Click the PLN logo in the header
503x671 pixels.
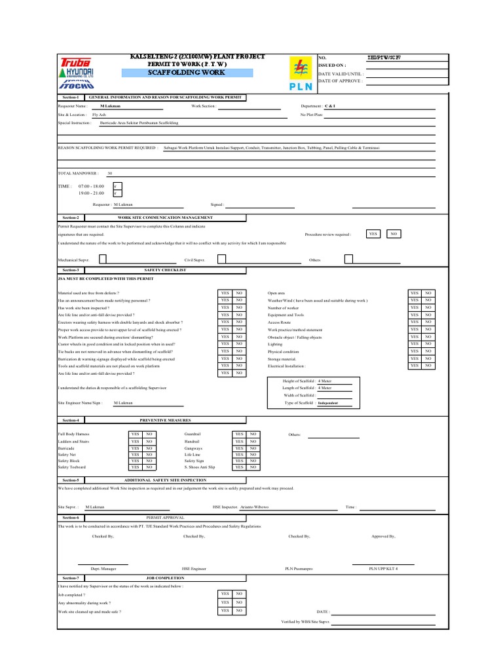coord(301,73)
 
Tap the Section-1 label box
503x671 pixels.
coord(70,96)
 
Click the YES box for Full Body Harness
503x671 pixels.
coord(135,434)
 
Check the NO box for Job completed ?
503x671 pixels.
coord(240,593)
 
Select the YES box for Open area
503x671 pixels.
coord(414,293)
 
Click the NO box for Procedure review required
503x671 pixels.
coord(393,233)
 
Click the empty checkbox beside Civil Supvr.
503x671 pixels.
coord(222,259)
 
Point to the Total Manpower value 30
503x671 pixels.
coord(109,174)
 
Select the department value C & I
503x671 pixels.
coord(330,105)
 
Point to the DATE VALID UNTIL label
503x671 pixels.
coord(341,75)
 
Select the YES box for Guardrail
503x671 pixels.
coord(238,434)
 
